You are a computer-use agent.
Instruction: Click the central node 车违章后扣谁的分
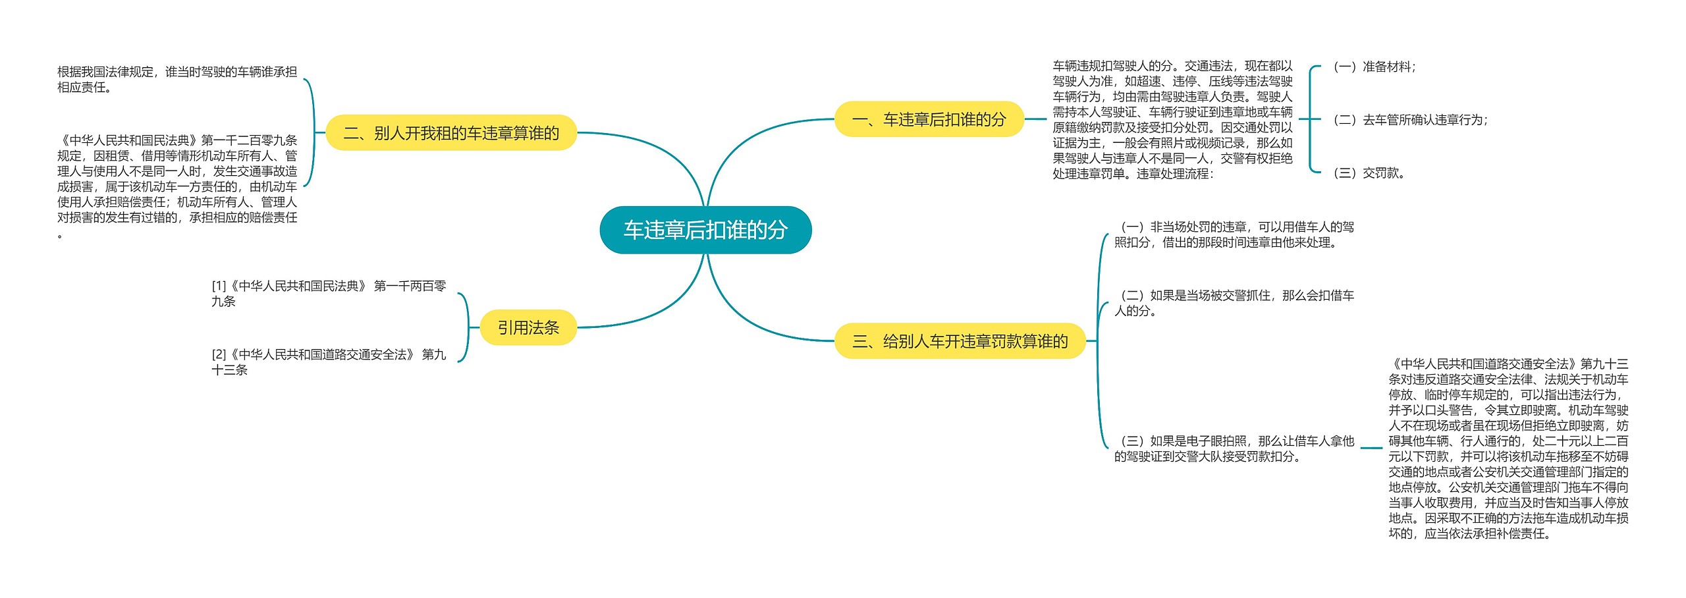(705, 230)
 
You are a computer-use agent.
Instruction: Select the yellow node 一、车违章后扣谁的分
(929, 119)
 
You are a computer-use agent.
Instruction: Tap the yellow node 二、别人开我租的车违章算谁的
(451, 133)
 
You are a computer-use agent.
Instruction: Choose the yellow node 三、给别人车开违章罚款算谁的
(960, 341)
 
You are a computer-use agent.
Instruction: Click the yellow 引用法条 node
(528, 327)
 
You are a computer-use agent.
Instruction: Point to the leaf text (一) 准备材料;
(1374, 67)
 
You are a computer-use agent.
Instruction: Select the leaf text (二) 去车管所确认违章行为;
(1410, 120)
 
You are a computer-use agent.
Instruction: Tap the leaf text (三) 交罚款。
(1369, 173)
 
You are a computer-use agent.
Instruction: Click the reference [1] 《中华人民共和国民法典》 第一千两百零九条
(328, 294)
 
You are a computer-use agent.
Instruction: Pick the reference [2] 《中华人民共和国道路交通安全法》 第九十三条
(328, 362)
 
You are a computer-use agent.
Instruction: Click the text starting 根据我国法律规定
(177, 80)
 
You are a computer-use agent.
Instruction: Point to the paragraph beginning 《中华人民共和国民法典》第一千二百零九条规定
(177, 186)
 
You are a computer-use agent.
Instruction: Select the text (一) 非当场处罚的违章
(1234, 234)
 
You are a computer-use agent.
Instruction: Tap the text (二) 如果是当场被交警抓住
(1234, 303)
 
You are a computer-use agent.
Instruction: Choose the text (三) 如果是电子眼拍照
(1234, 448)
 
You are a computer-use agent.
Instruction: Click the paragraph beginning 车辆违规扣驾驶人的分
(1172, 120)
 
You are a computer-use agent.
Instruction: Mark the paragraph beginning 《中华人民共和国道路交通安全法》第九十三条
(1508, 448)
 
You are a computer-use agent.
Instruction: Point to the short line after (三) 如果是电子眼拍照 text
(1371, 448)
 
